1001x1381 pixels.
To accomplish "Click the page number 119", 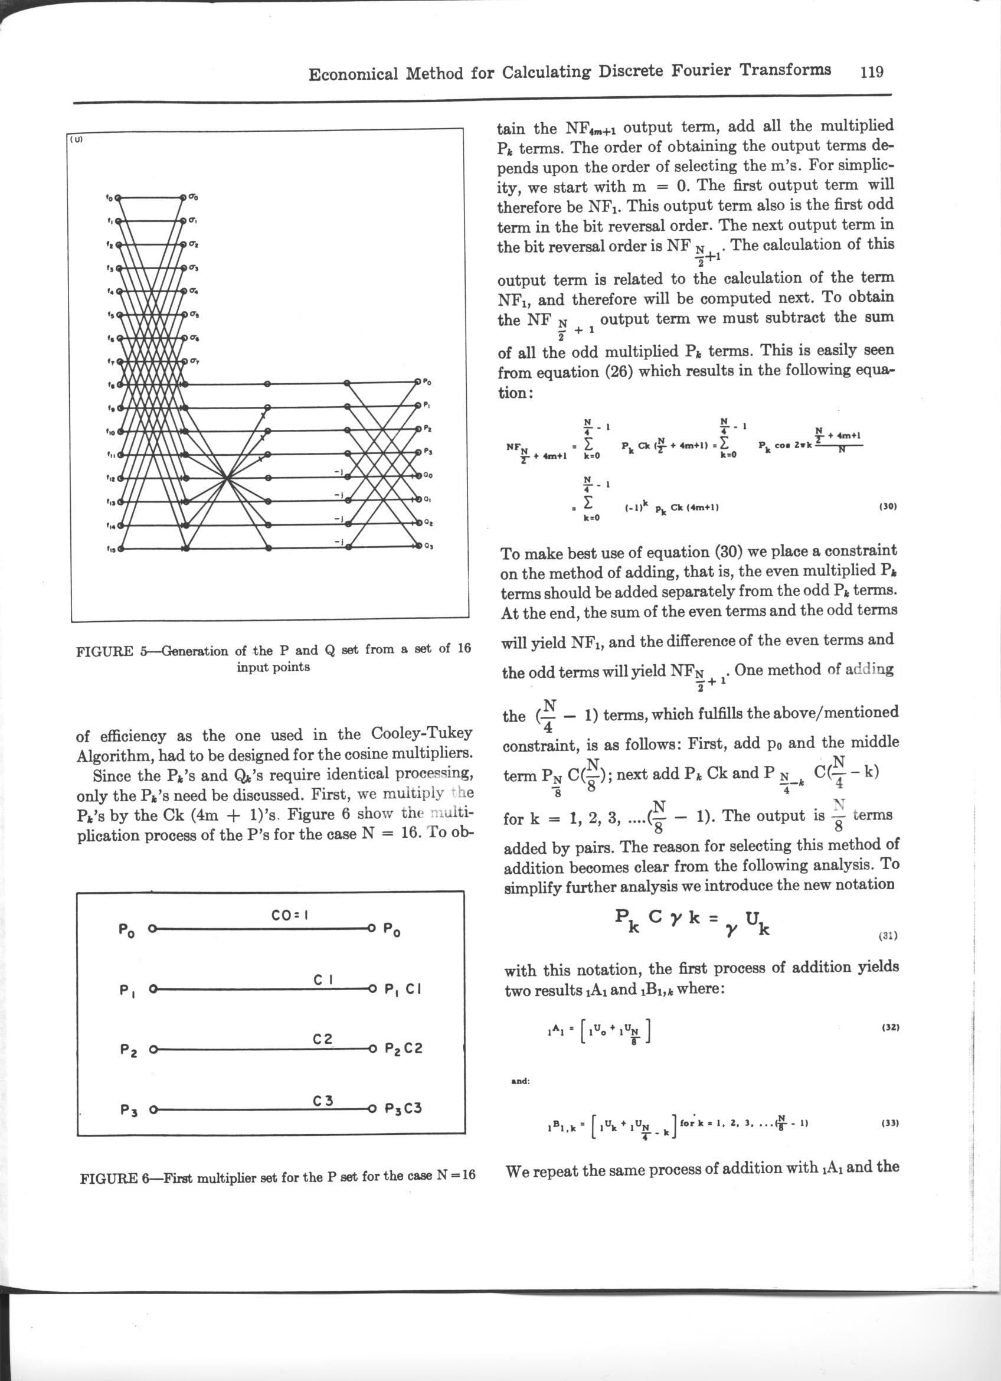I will click(871, 72).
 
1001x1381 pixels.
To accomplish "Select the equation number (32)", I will click(889, 1027).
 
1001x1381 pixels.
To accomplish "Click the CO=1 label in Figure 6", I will click(291, 915).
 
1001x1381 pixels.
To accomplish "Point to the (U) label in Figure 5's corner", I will click(77, 139).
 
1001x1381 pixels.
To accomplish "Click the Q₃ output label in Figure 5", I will click(429, 546).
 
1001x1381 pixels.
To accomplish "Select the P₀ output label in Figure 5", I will click(427, 383).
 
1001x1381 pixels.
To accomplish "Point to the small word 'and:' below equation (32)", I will click(521, 1082).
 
